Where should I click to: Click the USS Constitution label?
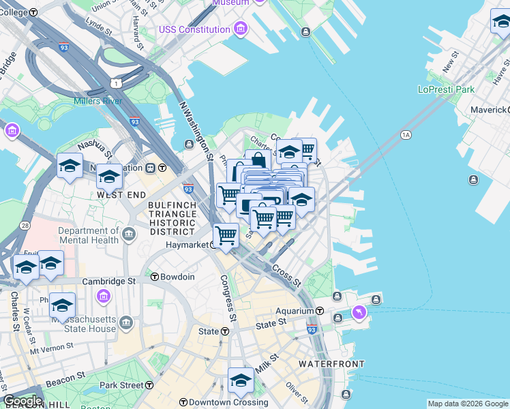click(x=194, y=29)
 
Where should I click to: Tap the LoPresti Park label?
click(x=446, y=89)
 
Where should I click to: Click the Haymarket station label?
click(x=186, y=244)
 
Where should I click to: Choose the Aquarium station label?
click(x=294, y=311)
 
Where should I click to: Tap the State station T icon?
click(x=225, y=331)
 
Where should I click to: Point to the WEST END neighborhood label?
click(x=121, y=195)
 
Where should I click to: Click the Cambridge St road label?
click(x=109, y=281)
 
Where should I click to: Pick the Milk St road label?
click(x=267, y=363)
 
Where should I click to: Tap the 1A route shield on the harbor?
click(x=406, y=135)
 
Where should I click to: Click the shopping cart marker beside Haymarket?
click(x=226, y=235)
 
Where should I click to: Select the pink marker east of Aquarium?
click(x=359, y=312)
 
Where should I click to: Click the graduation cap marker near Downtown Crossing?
click(x=241, y=380)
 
